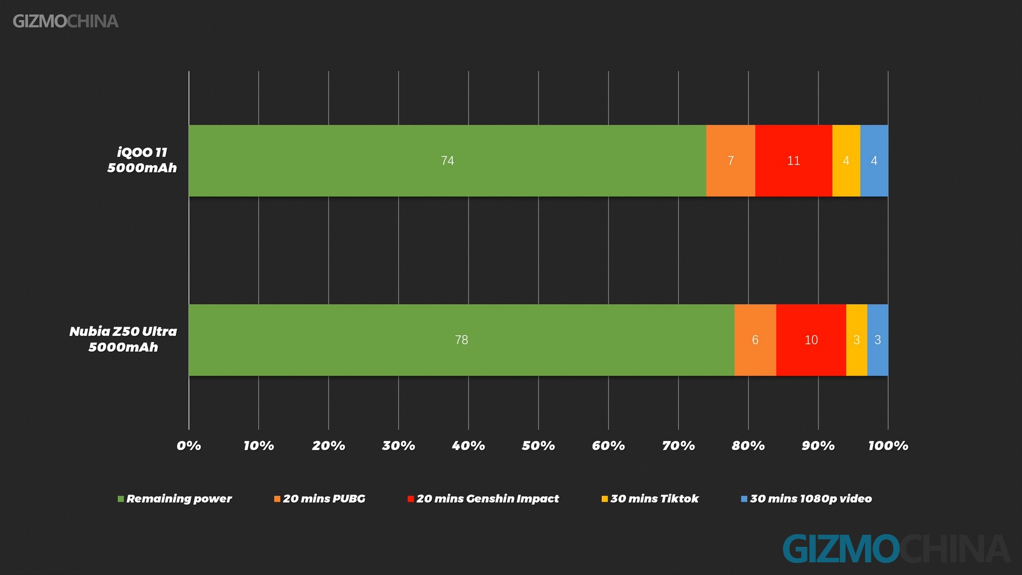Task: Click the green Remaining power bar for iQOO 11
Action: point(447,160)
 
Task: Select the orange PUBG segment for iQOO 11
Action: point(731,160)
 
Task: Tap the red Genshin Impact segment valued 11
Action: point(794,160)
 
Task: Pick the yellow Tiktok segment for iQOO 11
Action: point(846,160)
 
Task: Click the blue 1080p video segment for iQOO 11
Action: point(874,160)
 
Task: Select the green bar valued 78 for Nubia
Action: point(462,340)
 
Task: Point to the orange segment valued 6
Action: point(755,340)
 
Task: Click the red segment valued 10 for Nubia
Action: point(811,340)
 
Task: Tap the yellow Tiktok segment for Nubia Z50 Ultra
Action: point(856,340)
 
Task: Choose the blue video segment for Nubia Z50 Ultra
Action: point(878,340)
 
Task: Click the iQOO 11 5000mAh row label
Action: point(142,160)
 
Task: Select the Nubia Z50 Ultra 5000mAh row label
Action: point(123,339)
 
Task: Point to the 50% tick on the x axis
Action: point(539,446)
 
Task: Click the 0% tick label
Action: point(189,446)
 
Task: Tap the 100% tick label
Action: point(888,446)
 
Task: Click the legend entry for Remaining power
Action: point(175,499)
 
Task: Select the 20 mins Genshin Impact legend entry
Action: point(483,499)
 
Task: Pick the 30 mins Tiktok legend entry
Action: point(650,499)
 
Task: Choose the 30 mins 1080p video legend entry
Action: point(806,499)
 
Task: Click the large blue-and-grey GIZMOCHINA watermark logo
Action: point(897,549)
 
